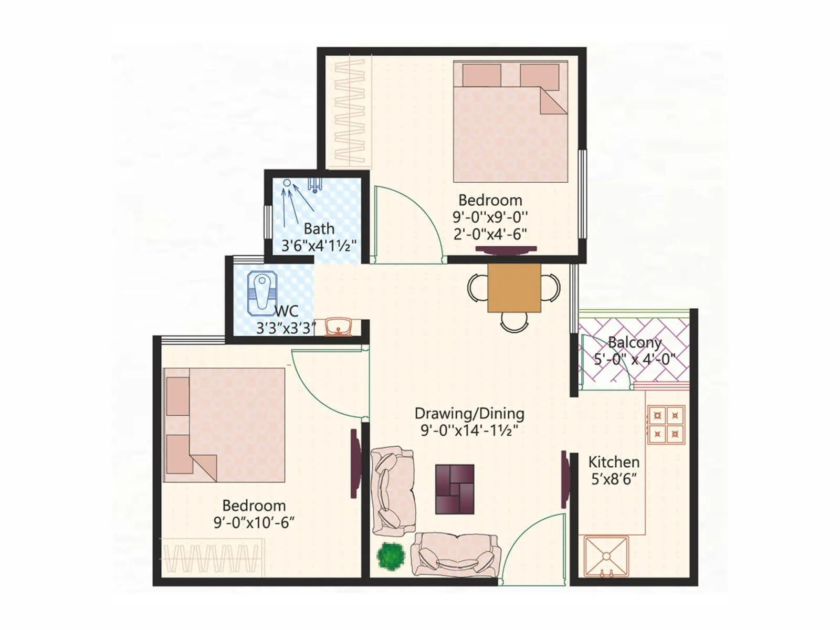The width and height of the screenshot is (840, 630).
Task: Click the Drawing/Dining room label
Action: click(469, 414)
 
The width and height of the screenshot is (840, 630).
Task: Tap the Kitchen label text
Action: click(614, 463)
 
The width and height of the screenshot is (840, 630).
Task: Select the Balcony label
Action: click(634, 343)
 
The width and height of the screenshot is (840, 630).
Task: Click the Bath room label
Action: click(319, 229)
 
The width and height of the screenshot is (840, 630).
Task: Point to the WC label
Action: click(286, 311)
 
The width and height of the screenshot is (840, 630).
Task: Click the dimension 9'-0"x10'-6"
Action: click(254, 523)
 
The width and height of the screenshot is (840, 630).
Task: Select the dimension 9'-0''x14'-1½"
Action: click(469, 431)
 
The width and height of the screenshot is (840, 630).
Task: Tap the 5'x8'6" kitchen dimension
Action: click(614, 479)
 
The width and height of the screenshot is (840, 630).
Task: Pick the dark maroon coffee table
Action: click(455, 489)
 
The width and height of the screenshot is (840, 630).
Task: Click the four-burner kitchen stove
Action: click(666, 425)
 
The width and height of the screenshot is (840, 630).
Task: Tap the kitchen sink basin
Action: click(606, 556)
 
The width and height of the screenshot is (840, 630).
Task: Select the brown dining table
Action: click(514, 288)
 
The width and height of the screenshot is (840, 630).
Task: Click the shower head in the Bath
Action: click(287, 183)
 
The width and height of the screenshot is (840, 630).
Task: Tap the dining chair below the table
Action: click(514, 321)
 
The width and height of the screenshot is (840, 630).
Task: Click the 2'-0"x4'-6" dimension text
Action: click(490, 234)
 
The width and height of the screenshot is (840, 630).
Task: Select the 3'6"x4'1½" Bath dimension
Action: click(319, 246)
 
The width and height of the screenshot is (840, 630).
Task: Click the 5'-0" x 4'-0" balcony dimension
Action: click(634, 360)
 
